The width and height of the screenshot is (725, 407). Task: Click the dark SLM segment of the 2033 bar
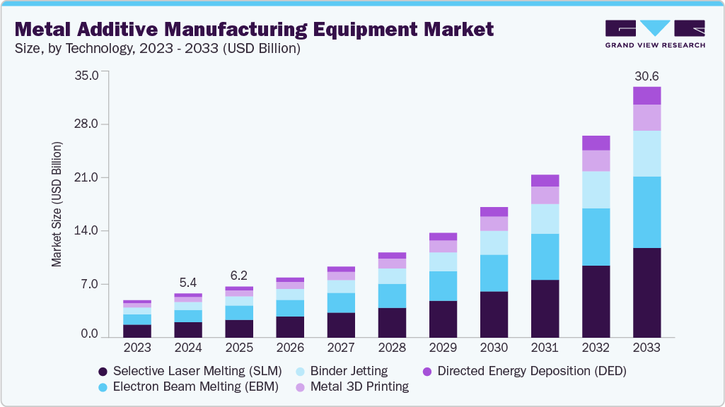(x=646, y=293)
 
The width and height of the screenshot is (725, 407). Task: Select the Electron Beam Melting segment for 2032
(x=596, y=237)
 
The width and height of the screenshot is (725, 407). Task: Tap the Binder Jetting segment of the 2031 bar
(x=545, y=219)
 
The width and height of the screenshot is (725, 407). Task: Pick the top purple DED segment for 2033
(x=646, y=95)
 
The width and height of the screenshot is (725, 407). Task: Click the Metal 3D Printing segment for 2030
(x=494, y=223)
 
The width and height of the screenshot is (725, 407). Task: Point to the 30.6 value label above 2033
(x=646, y=76)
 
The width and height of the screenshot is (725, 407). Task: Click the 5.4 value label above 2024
(x=188, y=283)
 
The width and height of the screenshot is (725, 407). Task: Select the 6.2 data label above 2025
(x=239, y=276)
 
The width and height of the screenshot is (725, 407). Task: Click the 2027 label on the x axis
(x=341, y=348)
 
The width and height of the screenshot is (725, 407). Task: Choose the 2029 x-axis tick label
(x=443, y=348)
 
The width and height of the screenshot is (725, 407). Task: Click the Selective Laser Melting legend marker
(x=103, y=371)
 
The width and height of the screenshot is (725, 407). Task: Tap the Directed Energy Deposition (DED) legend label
(x=532, y=371)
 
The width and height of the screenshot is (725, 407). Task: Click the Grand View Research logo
(x=655, y=34)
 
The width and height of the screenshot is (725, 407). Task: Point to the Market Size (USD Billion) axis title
(x=57, y=204)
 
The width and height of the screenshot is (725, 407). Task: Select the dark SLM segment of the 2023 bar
(x=137, y=331)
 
